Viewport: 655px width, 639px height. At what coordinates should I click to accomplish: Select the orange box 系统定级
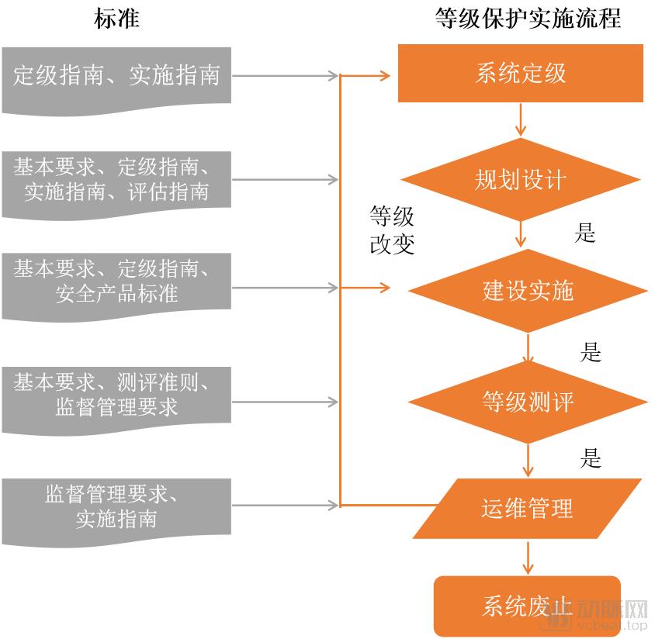520,74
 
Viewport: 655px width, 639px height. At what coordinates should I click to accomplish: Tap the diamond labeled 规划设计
520,180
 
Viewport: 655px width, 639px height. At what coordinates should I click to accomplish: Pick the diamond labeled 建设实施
528,291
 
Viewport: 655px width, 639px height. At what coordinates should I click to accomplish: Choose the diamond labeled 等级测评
528,402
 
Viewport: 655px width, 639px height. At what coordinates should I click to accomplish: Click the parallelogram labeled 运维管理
528,509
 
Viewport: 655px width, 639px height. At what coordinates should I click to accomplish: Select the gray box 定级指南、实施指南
116,76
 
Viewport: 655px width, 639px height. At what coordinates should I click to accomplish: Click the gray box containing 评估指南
116,180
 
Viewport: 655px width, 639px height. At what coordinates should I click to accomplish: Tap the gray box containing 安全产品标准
116,282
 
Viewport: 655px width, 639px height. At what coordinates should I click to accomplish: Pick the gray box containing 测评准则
116,394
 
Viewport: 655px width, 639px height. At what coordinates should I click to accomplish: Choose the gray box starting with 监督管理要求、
116,506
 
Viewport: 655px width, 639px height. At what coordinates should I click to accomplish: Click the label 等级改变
392,230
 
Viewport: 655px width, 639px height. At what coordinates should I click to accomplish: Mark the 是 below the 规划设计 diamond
585,232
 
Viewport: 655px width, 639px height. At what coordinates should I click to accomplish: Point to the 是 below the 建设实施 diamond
591,353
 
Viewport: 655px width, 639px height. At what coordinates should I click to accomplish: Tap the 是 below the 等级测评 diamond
591,458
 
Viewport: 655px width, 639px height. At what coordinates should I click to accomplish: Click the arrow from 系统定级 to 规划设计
520,119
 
